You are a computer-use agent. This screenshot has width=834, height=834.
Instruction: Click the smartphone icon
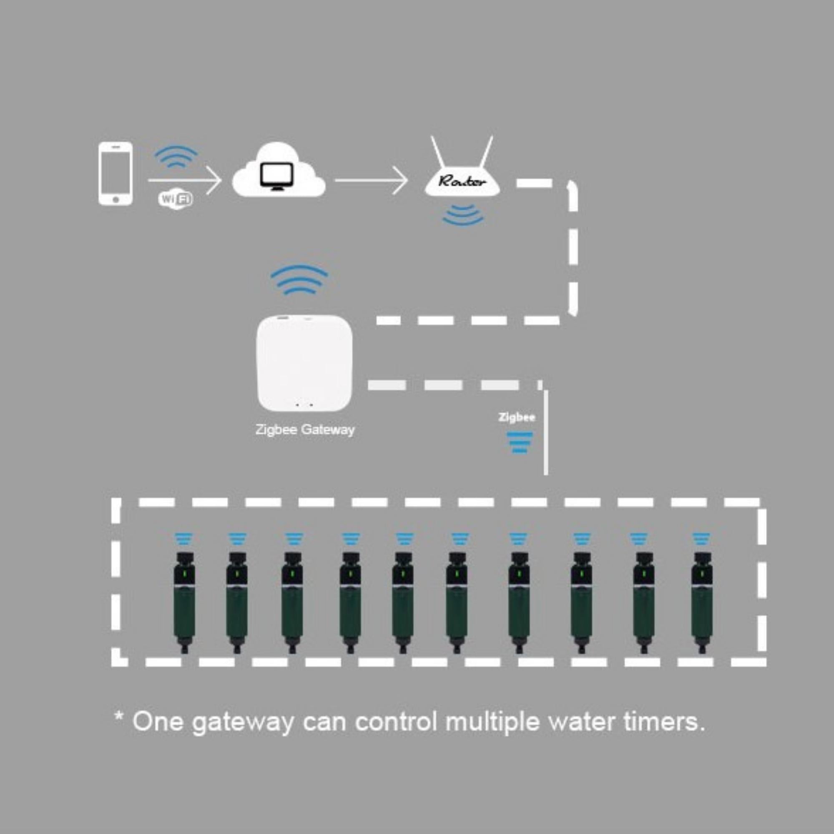click(x=115, y=173)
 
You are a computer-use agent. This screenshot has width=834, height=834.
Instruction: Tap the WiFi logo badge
click(x=176, y=199)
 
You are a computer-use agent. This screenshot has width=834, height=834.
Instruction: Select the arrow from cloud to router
click(x=371, y=180)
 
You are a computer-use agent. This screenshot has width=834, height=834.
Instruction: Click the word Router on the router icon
click(x=462, y=181)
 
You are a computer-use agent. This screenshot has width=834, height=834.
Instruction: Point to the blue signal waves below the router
click(x=463, y=215)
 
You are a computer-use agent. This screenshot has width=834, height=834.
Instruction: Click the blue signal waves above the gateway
click(x=299, y=280)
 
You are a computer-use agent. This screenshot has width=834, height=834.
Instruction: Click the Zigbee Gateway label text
click(x=305, y=430)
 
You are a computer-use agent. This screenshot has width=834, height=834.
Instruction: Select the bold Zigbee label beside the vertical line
click(x=517, y=417)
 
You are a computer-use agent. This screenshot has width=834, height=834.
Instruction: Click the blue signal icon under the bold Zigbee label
click(x=520, y=442)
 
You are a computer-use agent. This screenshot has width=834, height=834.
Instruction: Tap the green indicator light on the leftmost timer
click(x=184, y=574)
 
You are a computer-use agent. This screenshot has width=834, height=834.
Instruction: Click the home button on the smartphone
click(x=115, y=199)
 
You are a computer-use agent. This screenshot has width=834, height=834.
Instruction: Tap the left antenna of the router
click(x=438, y=151)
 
